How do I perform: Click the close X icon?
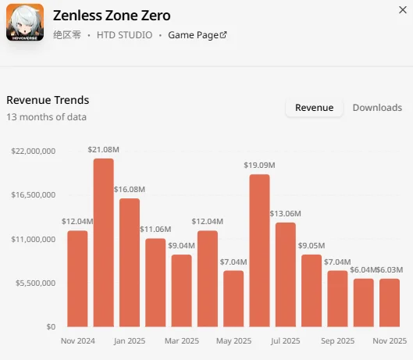(x=403, y=10)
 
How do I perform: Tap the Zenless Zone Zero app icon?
(x=25, y=22)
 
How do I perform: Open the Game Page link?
(x=198, y=35)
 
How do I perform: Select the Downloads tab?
(x=377, y=108)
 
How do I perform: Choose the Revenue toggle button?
(x=314, y=108)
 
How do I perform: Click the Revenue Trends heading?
(x=48, y=100)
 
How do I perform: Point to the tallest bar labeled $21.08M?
(x=104, y=243)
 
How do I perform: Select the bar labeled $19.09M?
(x=259, y=251)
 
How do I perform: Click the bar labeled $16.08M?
(x=130, y=262)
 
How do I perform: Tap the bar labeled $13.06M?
(x=286, y=275)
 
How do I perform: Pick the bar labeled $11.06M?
(x=155, y=283)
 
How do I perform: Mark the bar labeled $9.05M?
(x=312, y=290)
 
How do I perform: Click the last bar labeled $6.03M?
(x=390, y=303)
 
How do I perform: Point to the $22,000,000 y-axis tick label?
(x=34, y=151)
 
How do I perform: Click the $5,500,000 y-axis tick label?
(x=35, y=283)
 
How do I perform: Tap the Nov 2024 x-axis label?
(x=78, y=341)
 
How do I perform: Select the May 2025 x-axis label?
(x=233, y=341)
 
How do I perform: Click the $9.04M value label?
(x=181, y=246)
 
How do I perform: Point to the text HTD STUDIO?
(x=124, y=35)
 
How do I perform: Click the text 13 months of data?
(x=46, y=117)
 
